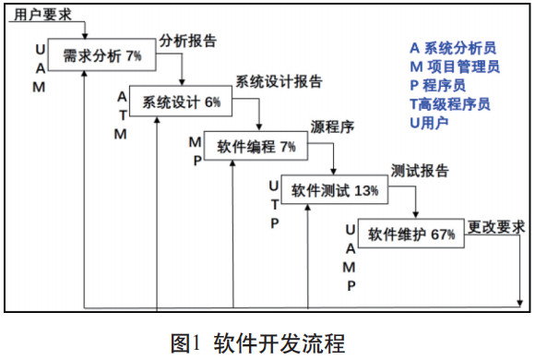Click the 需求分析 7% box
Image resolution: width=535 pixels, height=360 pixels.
tap(101, 56)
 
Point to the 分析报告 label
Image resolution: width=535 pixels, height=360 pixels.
tap(188, 42)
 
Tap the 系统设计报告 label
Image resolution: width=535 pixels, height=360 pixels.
tap(279, 82)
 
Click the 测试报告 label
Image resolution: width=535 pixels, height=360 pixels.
tap(420, 171)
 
